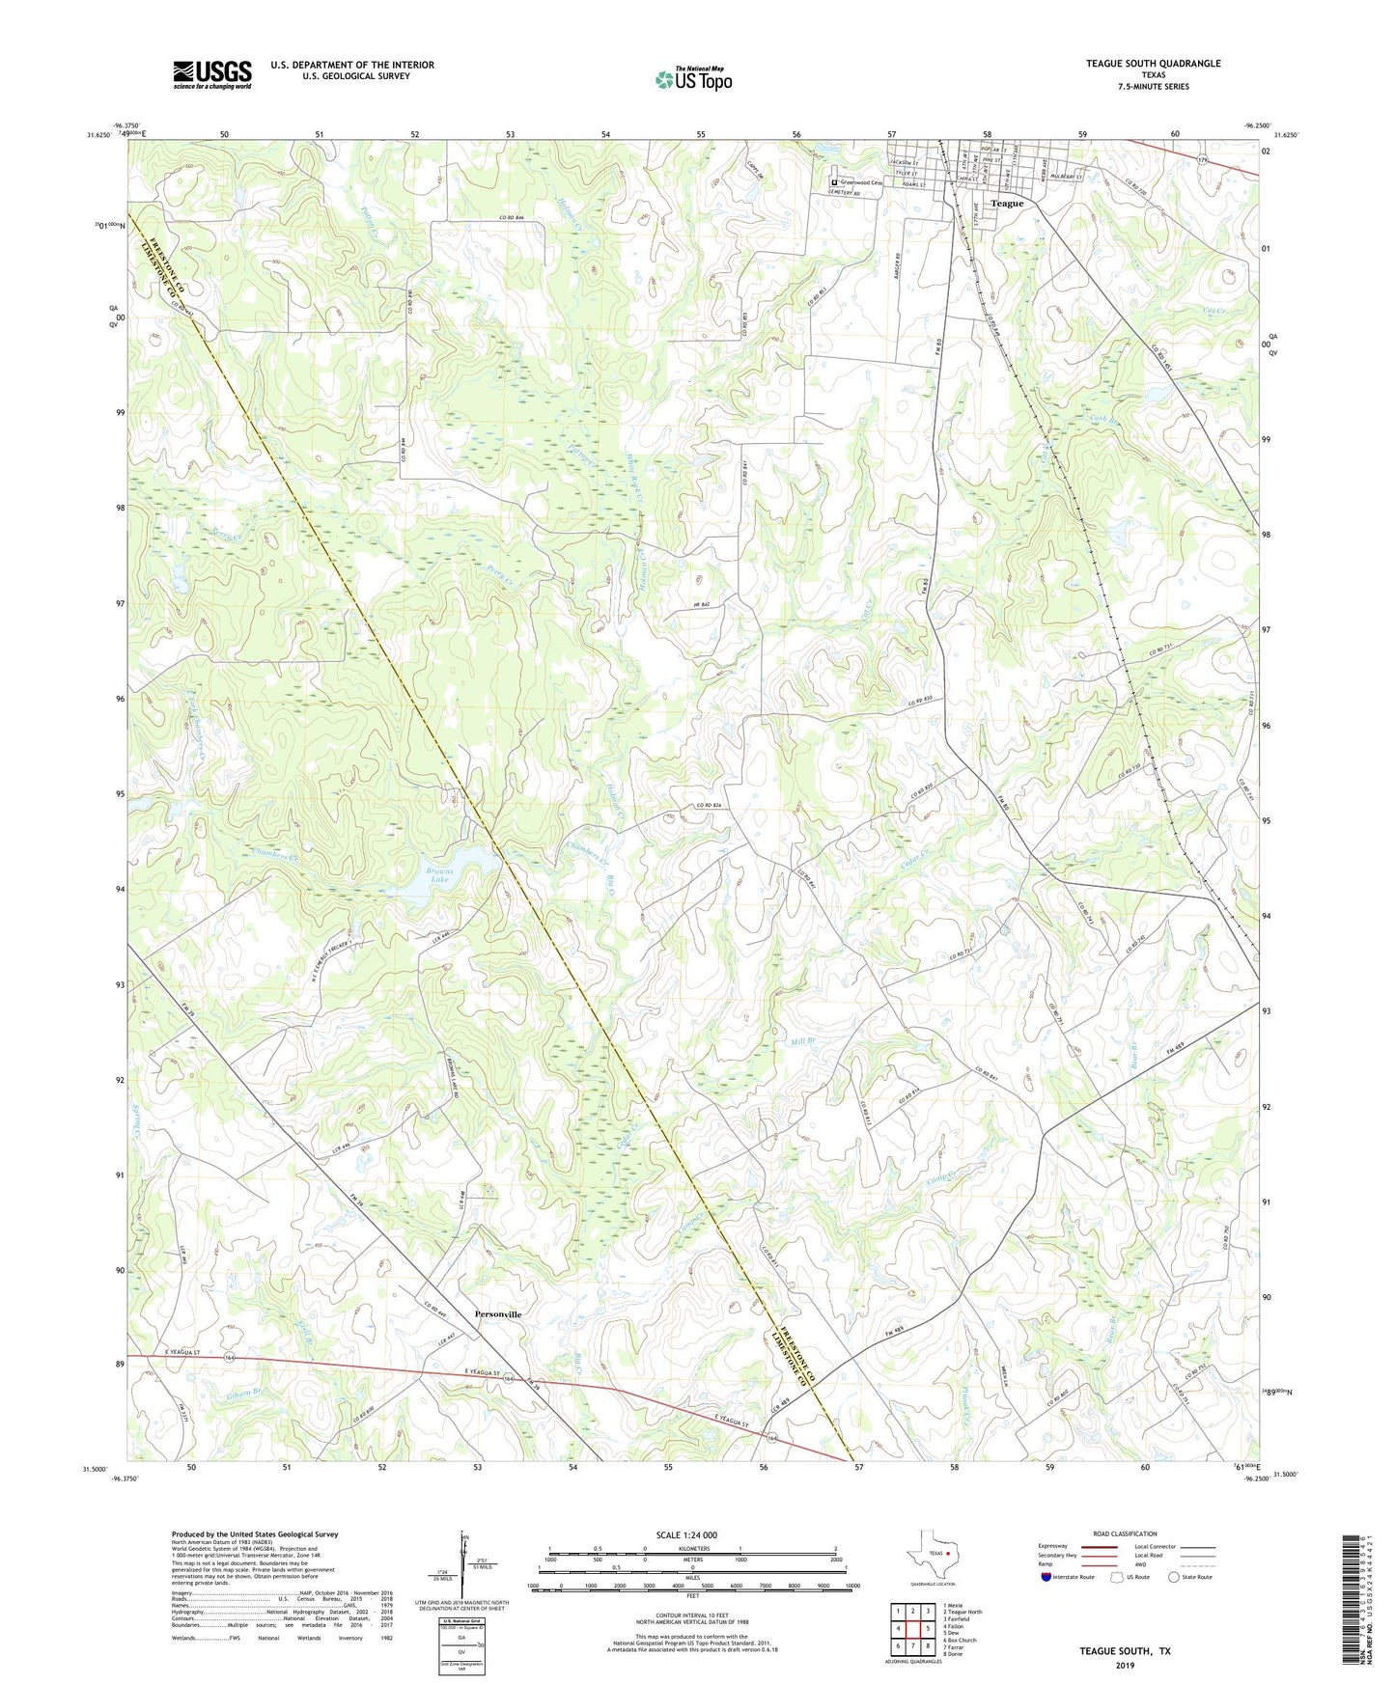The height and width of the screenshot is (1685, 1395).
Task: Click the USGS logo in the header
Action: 212,74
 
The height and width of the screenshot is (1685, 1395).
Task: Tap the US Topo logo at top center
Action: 692,79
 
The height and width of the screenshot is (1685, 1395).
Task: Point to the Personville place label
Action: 498,1314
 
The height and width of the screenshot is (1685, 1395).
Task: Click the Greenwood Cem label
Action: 860,181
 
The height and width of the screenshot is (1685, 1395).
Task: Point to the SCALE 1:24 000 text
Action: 686,1534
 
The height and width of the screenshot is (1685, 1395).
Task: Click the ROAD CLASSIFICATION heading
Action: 1125,1533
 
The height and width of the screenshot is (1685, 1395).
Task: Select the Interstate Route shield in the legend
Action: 1046,1577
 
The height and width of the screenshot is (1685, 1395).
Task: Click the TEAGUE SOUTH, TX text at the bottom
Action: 1125,1651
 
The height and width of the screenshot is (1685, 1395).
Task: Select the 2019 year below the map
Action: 1125,1665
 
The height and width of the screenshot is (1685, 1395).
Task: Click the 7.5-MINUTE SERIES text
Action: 1153,87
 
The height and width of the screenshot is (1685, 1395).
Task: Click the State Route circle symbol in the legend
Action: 1174,1577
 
